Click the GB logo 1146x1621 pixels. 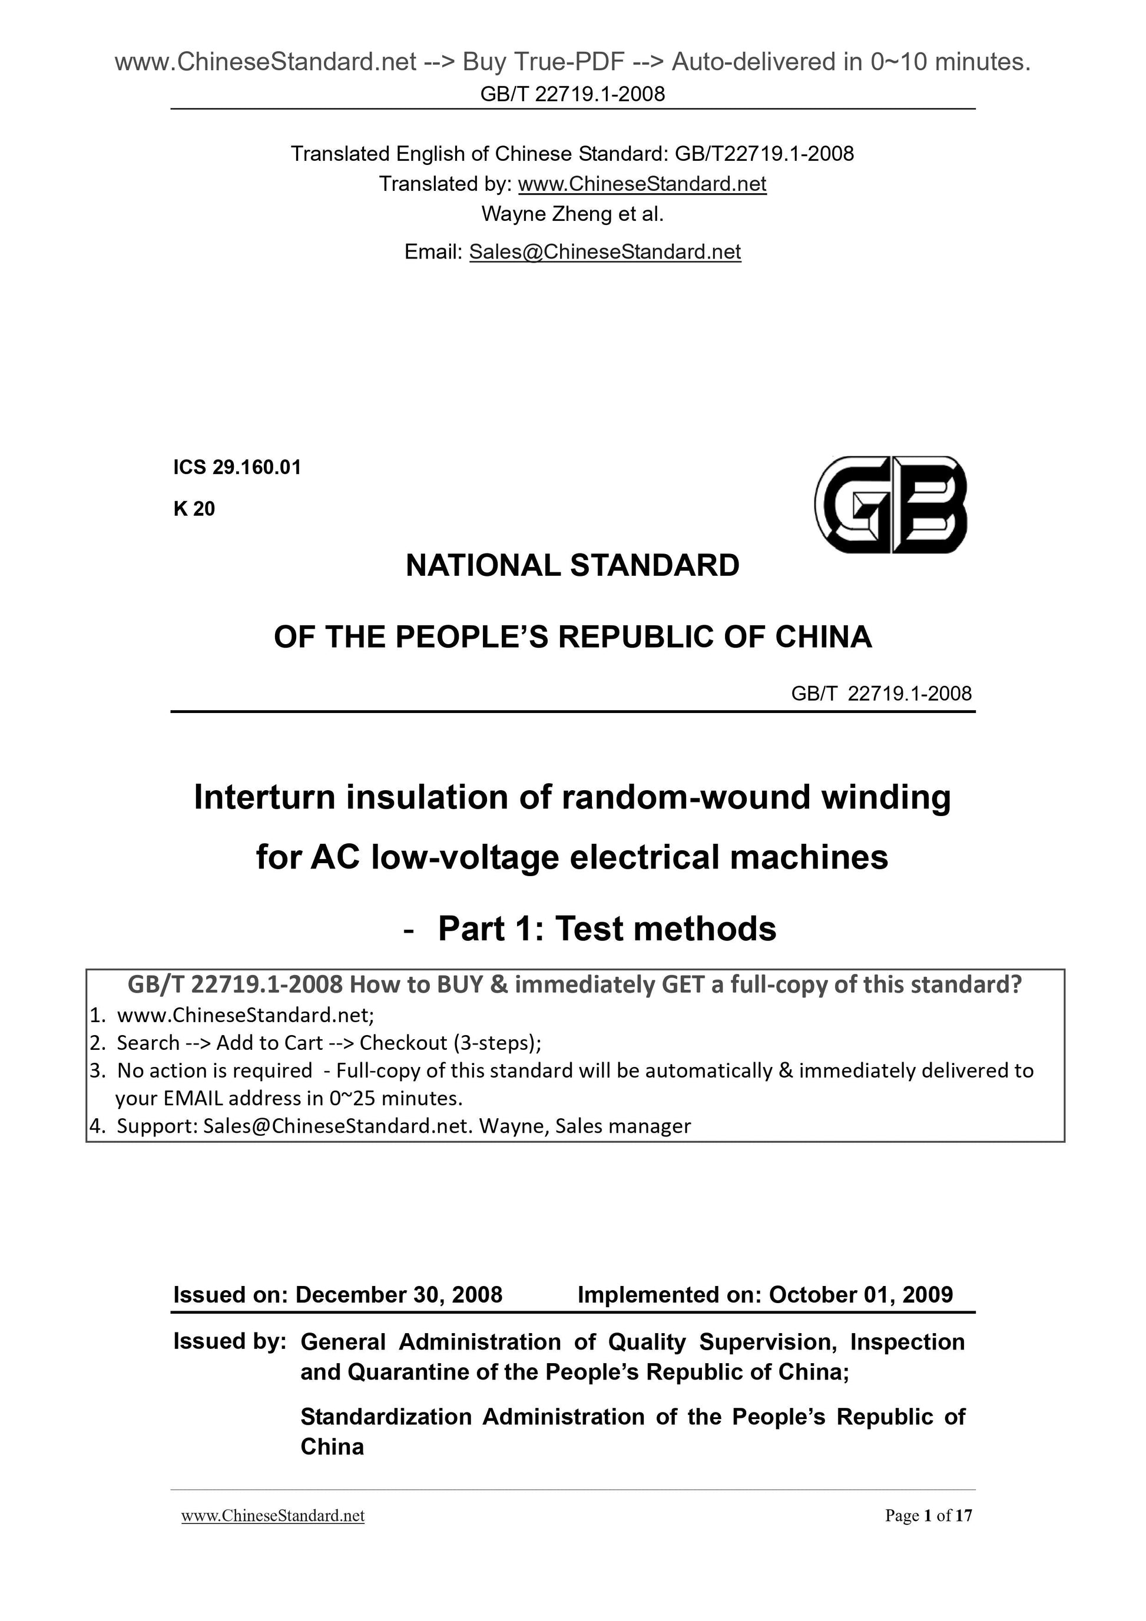[x=890, y=504]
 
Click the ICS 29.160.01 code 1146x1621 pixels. [x=237, y=468]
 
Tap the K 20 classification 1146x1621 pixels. [x=194, y=509]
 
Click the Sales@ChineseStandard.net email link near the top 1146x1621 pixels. [x=605, y=252]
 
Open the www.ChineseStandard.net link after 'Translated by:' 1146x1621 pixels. [x=642, y=184]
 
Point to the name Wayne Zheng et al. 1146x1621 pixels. [x=572, y=214]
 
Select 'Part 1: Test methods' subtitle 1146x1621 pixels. [x=607, y=929]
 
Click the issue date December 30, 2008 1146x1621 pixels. [x=398, y=1295]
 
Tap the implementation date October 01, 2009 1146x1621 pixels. [x=861, y=1295]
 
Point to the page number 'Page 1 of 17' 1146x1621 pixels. [x=929, y=1516]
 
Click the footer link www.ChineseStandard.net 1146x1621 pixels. [x=273, y=1516]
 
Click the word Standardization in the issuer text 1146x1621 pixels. [x=386, y=1417]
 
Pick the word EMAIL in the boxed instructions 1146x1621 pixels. [x=193, y=1099]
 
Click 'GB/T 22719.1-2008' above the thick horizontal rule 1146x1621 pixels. [x=881, y=694]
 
